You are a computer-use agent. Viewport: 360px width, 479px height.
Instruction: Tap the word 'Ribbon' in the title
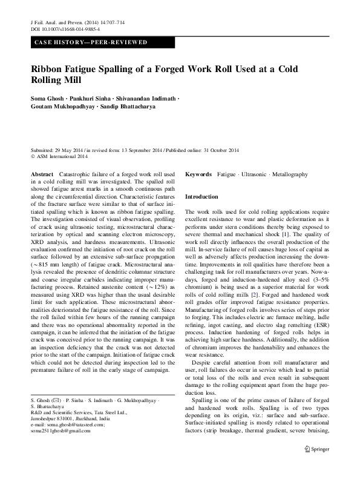[x=50, y=69]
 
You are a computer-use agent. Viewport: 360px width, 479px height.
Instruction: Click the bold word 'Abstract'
[x=42, y=174]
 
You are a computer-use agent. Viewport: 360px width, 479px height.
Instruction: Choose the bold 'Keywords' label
[x=198, y=174]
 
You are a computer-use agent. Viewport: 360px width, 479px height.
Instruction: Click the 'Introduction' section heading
[x=201, y=197]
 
